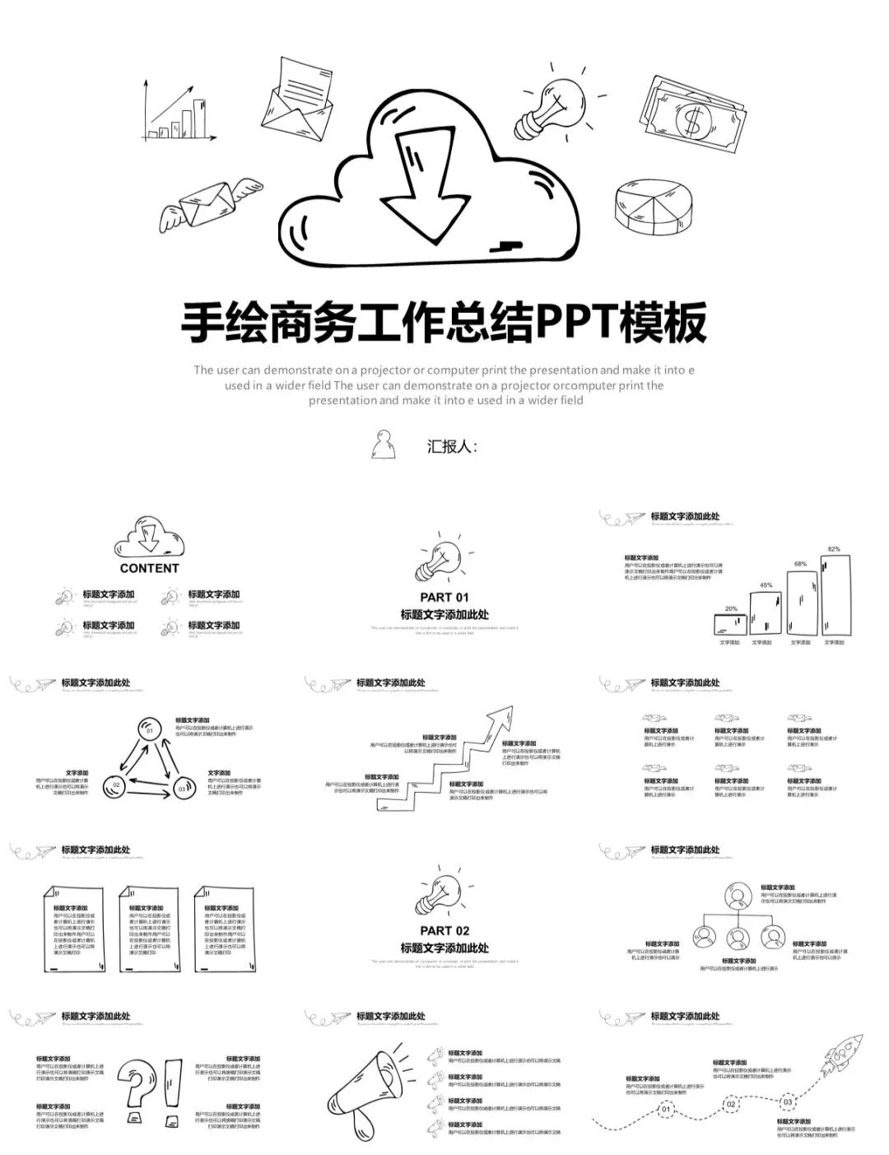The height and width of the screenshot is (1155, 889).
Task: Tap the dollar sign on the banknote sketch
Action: pos(691,120)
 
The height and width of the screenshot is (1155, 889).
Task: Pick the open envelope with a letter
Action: pos(297,100)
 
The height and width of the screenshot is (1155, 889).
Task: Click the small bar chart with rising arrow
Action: pos(179,113)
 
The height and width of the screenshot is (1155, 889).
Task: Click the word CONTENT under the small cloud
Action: pos(149,568)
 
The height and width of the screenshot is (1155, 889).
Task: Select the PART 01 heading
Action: pos(444,597)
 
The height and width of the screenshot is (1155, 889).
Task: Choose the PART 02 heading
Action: pos(444,930)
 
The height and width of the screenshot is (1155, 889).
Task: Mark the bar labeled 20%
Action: pos(731,624)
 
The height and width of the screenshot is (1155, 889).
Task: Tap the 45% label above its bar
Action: pos(766,585)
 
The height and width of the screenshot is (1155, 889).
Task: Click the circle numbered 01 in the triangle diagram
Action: pos(149,729)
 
